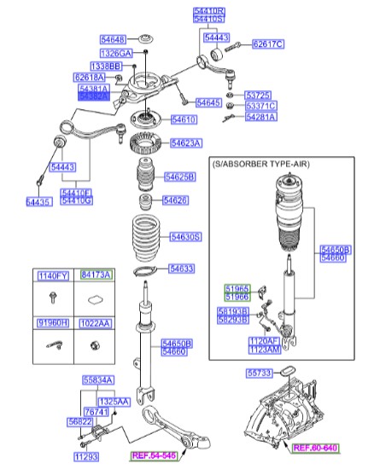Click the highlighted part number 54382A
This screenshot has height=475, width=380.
(x=93, y=97)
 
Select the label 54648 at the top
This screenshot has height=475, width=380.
(x=113, y=39)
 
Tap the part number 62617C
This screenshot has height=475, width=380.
(x=268, y=43)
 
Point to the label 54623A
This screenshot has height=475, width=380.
(x=185, y=143)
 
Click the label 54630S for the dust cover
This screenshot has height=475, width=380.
(x=185, y=236)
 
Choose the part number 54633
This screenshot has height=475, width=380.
(x=181, y=268)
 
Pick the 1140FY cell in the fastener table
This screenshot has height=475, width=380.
(x=52, y=275)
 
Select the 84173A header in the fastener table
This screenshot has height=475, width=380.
(x=96, y=275)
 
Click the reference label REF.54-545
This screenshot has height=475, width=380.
(x=154, y=457)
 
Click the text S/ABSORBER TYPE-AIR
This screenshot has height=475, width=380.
(x=260, y=164)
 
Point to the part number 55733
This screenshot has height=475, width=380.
(x=260, y=373)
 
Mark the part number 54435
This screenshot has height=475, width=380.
(x=39, y=201)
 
